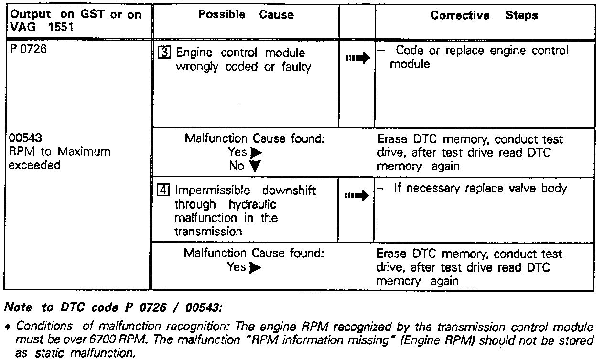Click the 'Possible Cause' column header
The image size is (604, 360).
pos(246,15)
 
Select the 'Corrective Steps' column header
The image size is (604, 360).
pos(484,15)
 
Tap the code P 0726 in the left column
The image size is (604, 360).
pos(28,49)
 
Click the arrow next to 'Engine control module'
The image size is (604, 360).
pos(358,58)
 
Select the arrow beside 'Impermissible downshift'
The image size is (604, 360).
pos(358,196)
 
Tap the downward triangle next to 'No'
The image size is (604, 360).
pos(255,167)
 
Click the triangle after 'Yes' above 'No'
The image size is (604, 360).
pos(256,153)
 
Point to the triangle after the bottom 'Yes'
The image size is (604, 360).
pos(255,267)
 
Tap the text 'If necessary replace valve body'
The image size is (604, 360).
pos(480,189)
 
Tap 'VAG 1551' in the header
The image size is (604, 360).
pos(41,28)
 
